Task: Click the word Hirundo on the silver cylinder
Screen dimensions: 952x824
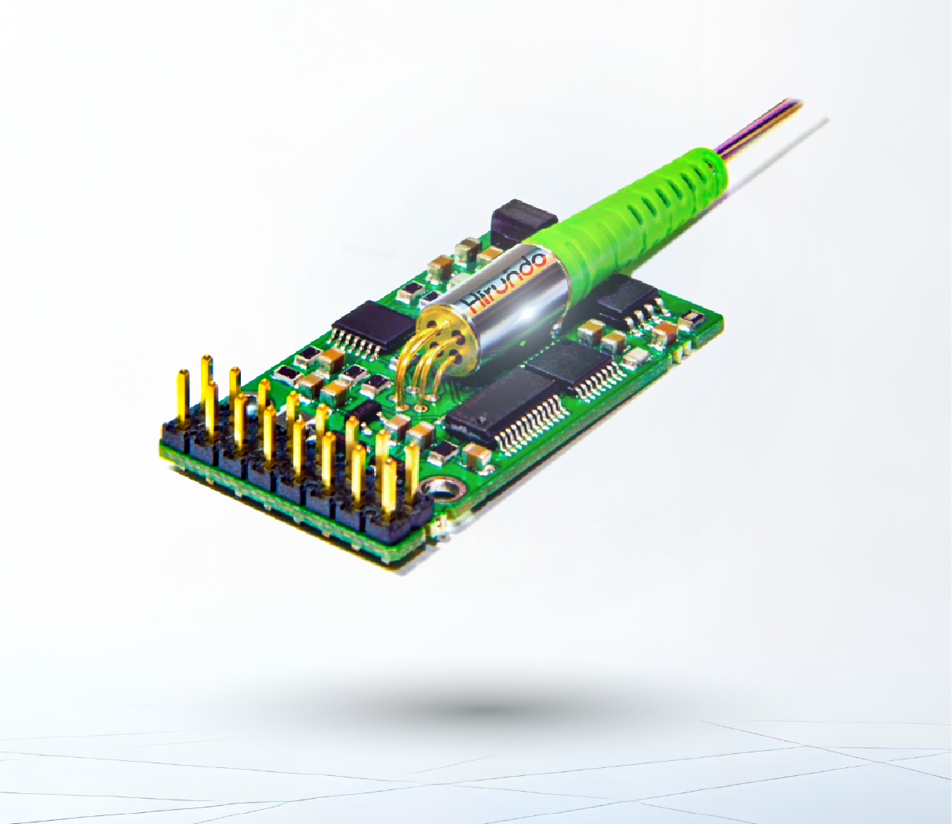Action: coord(503,284)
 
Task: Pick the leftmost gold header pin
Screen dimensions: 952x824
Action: coord(183,397)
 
